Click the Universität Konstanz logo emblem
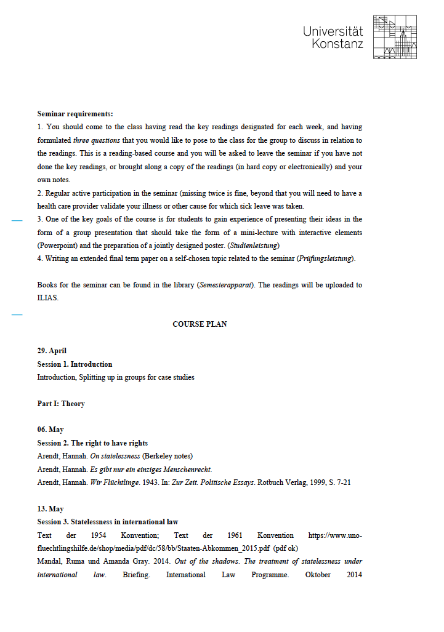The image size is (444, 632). pos(395,38)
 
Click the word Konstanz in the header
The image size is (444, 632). pos(337,44)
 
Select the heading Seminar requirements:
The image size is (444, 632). pos(75,114)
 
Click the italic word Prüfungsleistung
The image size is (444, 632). pos(326,258)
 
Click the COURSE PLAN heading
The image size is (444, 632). pos(200,324)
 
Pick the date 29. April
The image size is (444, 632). pos(52,351)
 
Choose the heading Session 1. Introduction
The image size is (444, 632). pos(75,364)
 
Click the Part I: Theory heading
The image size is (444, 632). pos(61,404)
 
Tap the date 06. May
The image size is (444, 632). pos(50,430)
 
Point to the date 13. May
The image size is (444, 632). pos(50,509)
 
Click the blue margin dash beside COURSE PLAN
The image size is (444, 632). pos(17,314)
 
